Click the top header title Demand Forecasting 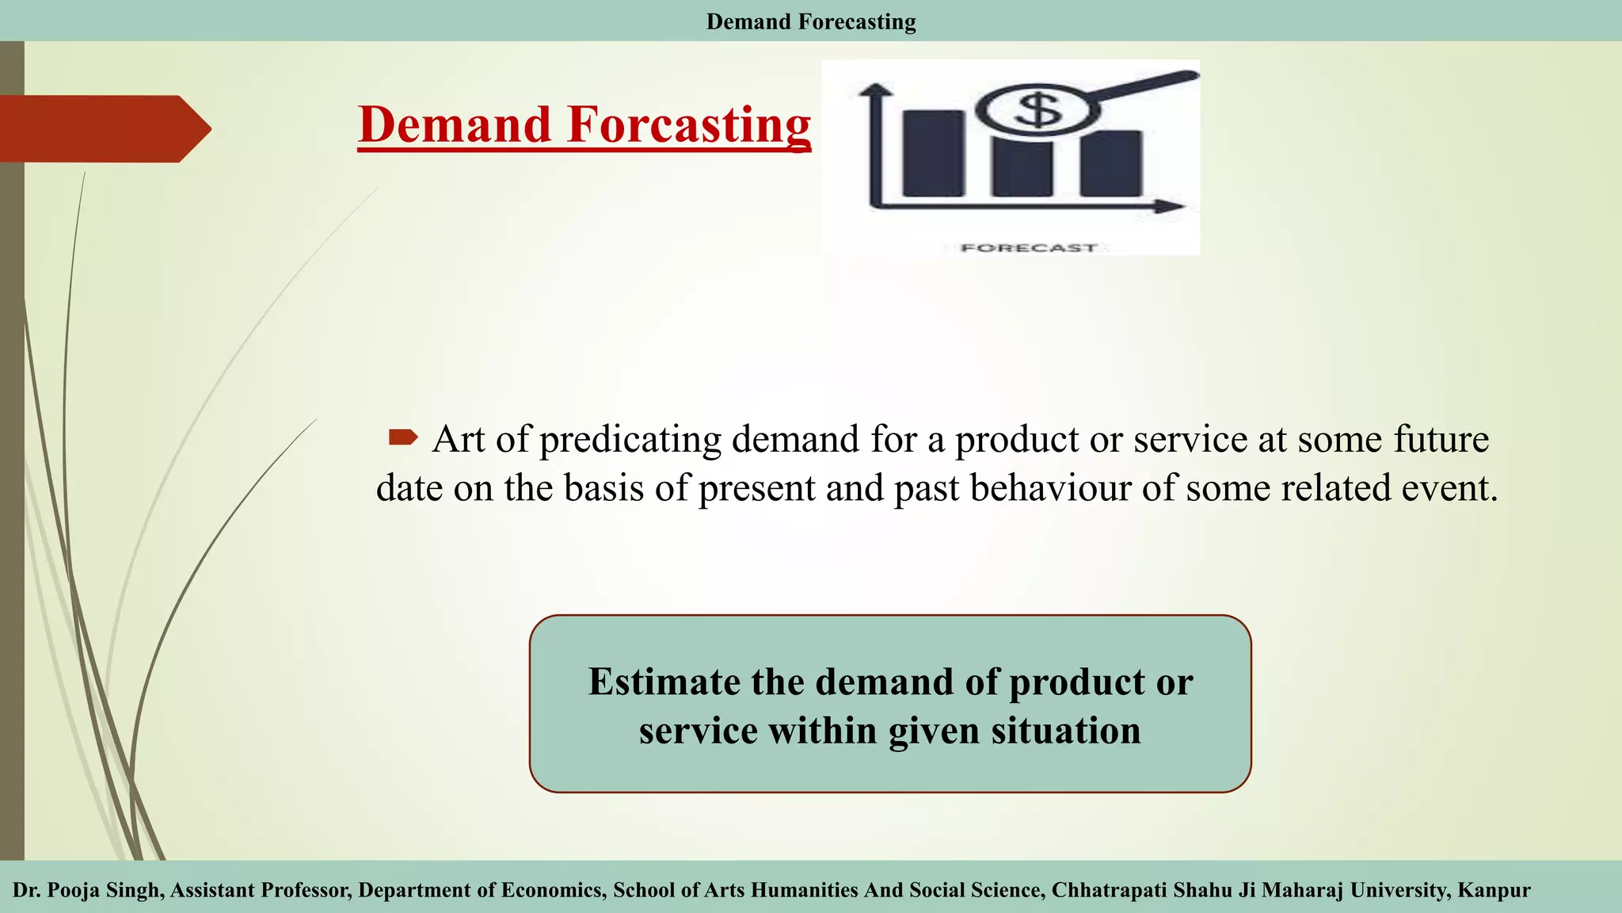click(x=811, y=21)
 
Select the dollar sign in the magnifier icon click(x=1038, y=109)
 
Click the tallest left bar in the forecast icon click(x=934, y=153)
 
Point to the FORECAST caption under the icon click(x=1029, y=248)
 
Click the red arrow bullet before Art click(x=403, y=437)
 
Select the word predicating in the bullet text click(x=630, y=440)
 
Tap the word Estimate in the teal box click(x=664, y=682)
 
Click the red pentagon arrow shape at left click(x=103, y=128)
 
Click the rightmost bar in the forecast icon click(x=1111, y=164)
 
